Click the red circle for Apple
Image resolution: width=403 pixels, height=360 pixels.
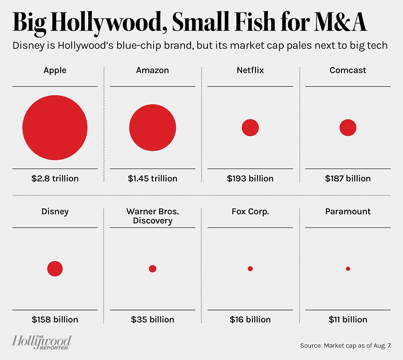tap(55, 128)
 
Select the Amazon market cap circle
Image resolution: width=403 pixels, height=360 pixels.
tap(152, 128)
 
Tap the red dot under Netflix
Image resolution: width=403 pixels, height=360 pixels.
tap(250, 128)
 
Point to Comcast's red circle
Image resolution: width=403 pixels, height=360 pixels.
tap(348, 128)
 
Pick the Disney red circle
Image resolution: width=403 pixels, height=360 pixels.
tap(55, 269)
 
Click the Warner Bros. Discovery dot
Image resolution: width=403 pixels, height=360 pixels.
tap(152, 269)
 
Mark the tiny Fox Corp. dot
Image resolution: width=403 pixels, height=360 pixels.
tap(250, 269)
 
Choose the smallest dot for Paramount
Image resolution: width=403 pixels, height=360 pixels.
tap(348, 269)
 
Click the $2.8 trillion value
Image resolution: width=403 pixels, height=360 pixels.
tap(55, 178)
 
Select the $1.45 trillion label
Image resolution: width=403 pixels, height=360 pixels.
tap(152, 178)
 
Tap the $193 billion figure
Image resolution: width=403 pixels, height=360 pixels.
tap(250, 178)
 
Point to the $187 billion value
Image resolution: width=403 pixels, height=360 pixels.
tap(348, 178)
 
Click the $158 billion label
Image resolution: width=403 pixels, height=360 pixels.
tap(55, 320)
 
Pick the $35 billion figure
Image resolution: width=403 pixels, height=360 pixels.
tap(152, 320)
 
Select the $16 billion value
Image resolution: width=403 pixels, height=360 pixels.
tap(250, 320)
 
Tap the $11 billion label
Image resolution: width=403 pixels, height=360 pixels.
tap(348, 320)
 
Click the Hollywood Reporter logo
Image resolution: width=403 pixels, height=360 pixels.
tap(42, 342)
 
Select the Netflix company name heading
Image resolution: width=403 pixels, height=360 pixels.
tap(250, 70)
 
